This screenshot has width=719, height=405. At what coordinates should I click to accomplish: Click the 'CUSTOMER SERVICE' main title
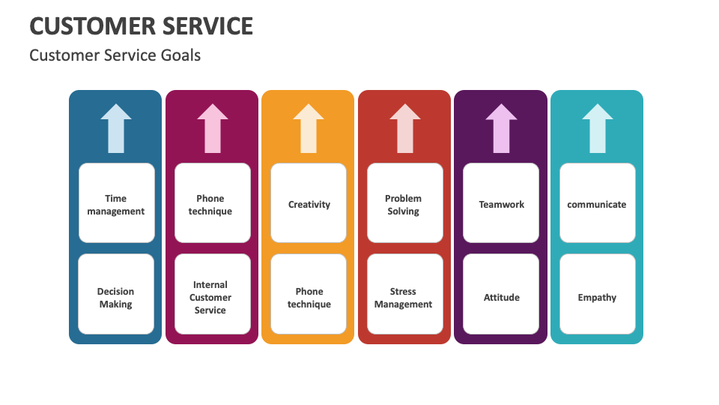[141, 25]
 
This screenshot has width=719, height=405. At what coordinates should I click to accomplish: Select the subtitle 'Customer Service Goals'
[115, 55]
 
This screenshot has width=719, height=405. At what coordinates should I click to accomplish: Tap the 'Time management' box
[116, 204]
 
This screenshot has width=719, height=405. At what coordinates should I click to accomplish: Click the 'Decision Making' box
[116, 297]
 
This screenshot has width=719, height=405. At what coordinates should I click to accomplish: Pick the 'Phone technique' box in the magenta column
[212, 204]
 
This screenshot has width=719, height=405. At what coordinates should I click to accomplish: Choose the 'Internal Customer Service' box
[212, 297]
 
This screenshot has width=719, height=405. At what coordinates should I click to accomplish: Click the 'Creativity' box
[309, 204]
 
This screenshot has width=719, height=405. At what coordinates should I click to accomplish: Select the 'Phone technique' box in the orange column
[309, 297]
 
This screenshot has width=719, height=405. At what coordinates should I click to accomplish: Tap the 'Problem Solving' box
[404, 204]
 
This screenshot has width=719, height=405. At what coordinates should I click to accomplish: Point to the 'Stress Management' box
[404, 297]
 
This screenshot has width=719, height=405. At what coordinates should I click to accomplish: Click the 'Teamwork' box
[501, 204]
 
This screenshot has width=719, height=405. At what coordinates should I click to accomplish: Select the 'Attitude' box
[501, 297]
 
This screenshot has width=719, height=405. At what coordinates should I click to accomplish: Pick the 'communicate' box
[597, 204]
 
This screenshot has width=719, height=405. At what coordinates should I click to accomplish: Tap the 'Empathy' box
[597, 297]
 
